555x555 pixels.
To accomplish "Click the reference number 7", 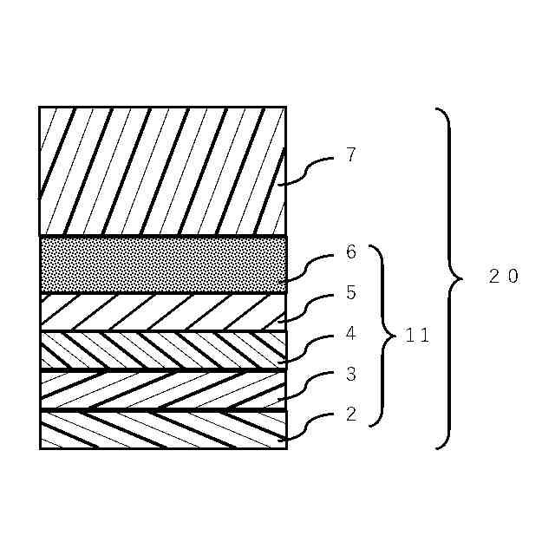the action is tap(350, 156).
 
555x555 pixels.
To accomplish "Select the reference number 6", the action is tap(350, 252).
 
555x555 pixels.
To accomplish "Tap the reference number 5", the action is tap(350, 293).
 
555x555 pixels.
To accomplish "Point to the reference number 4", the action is tap(350, 333).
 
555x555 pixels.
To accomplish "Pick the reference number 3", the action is tap(350, 375).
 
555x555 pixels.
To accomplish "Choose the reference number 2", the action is tap(350, 414).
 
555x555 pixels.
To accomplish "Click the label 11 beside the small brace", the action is tap(417, 336).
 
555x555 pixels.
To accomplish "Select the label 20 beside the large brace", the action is tap(503, 277).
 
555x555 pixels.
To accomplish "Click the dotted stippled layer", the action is tap(163, 264).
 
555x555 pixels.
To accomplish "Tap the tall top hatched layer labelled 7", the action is tap(163, 171).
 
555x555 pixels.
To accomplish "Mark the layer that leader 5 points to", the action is tap(163, 312).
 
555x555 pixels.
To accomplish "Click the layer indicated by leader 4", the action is tap(163, 350).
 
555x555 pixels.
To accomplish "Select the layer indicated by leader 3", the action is tap(163, 389).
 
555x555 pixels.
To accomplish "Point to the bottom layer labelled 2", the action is tap(163, 429).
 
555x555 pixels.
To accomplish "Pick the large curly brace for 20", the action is tap(449, 277).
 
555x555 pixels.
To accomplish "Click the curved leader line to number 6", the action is tap(306, 266).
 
